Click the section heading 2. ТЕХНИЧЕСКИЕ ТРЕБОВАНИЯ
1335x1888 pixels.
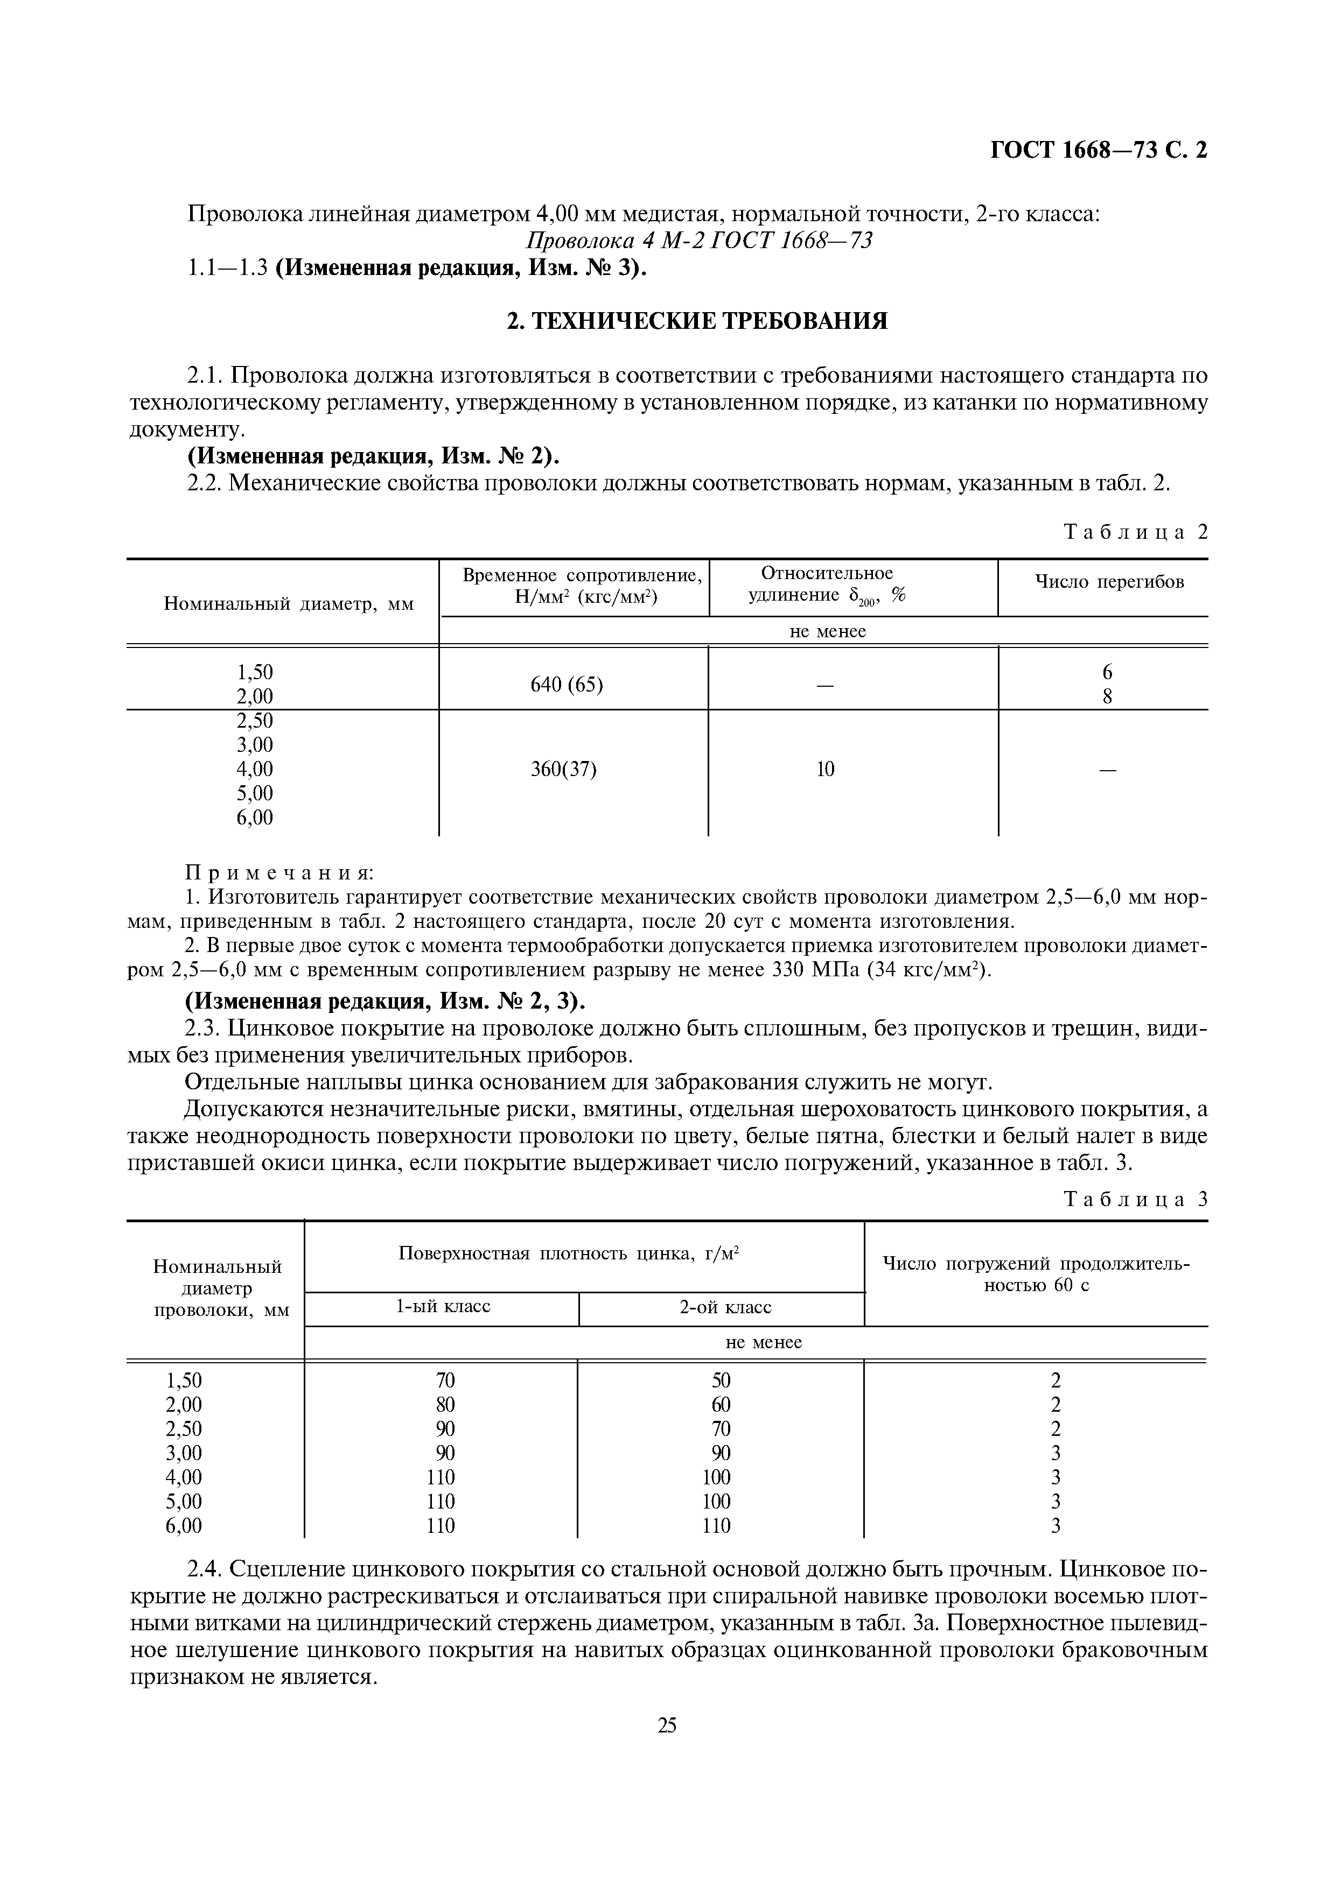click(x=697, y=321)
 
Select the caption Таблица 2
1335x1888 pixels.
click(x=1135, y=532)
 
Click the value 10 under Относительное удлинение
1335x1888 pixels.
click(x=825, y=769)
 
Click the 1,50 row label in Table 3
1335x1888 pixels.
click(x=184, y=1380)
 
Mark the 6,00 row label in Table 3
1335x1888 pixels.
click(x=184, y=1526)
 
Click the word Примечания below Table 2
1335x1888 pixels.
click(x=279, y=872)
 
